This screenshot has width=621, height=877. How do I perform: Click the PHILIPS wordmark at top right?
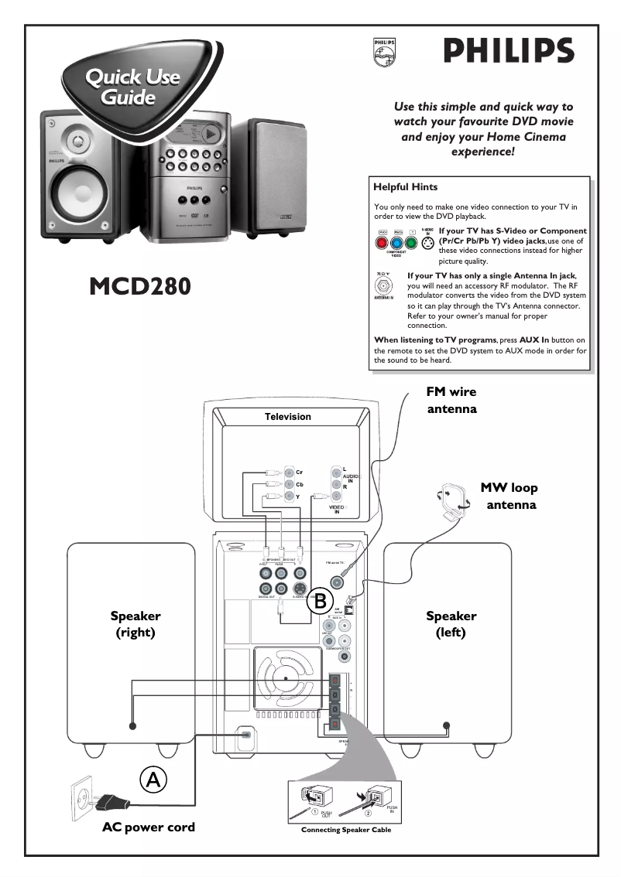tap(509, 52)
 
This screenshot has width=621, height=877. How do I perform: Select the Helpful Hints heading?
tap(405, 187)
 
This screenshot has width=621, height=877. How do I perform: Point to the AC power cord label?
tap(149, 828)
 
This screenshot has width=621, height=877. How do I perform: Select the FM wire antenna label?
tap(452, 400)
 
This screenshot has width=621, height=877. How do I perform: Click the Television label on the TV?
tap(288, 417)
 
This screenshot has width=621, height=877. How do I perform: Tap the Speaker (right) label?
tap(136, 624)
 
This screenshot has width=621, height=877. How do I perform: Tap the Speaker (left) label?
tap(451, 624)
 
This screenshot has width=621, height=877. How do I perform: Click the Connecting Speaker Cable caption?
tap(346, 830)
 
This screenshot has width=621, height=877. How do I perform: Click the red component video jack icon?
tap(383, 242)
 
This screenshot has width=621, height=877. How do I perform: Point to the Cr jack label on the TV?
tap(299, 472)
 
